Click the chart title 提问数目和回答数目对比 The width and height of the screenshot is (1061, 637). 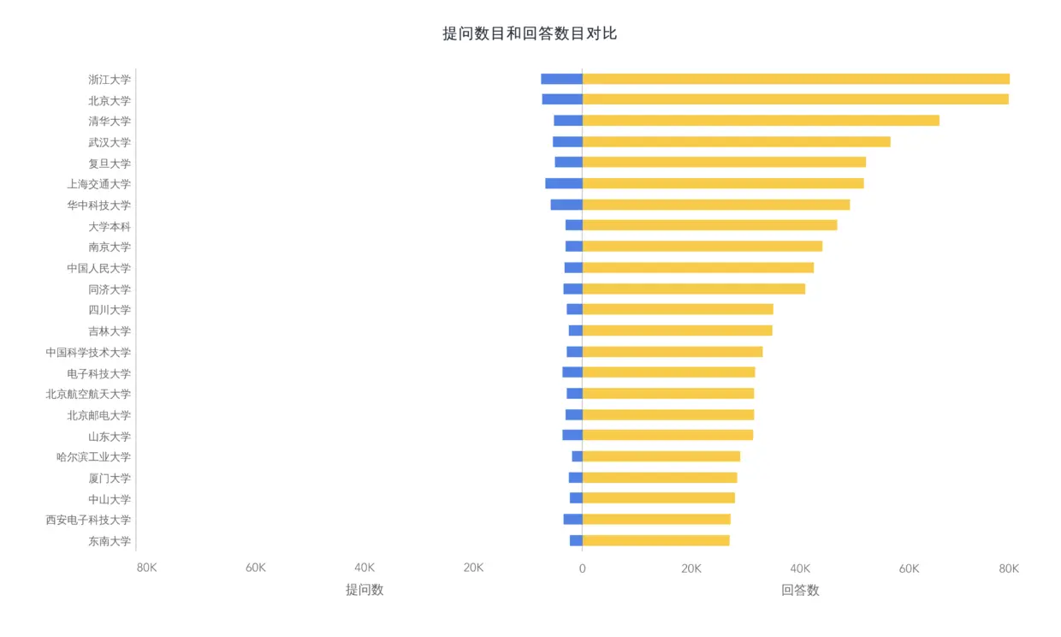530,33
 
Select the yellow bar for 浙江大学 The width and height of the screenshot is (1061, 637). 796,79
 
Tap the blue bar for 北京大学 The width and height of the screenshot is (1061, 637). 562,99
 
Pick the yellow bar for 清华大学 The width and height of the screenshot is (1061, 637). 761,121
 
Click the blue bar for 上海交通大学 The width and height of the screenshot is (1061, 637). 564,183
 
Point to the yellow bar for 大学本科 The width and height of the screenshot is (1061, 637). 709,225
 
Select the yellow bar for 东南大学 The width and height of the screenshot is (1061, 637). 655,540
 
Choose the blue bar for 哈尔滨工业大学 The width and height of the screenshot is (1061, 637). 578,456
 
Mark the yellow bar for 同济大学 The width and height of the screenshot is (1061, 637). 693,289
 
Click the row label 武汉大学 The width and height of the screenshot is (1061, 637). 110,142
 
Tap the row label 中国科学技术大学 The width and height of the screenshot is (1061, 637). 89,352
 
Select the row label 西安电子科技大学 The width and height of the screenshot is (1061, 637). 89,520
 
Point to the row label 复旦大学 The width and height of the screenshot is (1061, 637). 110,163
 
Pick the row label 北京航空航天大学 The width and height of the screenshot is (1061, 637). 89,394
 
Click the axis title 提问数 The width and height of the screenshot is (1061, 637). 365,590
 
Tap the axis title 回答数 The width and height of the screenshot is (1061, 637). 800,590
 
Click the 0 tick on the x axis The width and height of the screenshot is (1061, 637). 582,568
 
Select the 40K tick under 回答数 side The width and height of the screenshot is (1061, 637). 800,568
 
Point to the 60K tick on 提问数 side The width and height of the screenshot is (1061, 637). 256,568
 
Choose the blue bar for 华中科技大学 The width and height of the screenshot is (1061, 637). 566,205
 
